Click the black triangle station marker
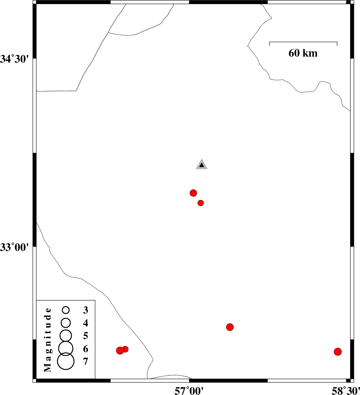click(x=202, y=164)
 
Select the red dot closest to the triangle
click(x=193, y=193)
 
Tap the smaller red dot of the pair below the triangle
click(x=200, y=203)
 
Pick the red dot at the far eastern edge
click(x=338, y=352)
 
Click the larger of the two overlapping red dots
click(x=120, y=350)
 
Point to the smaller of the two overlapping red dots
click(x=125, y=349)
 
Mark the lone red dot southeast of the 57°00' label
click(x=230, y=327)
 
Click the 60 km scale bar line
click(x=303, y=42)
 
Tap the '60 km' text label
click(x=303, y=53)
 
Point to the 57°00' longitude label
click(x=189, y=391)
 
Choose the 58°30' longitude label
click(x=346, y=391)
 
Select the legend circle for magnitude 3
click(x=66, y=310)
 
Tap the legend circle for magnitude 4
click(x=66, y=322)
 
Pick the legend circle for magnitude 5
click(x=66, y=335)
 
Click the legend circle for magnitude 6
click(x=66, y=348)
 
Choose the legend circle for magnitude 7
click(x=66, y=361)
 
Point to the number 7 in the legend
click(x=85, y=361)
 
